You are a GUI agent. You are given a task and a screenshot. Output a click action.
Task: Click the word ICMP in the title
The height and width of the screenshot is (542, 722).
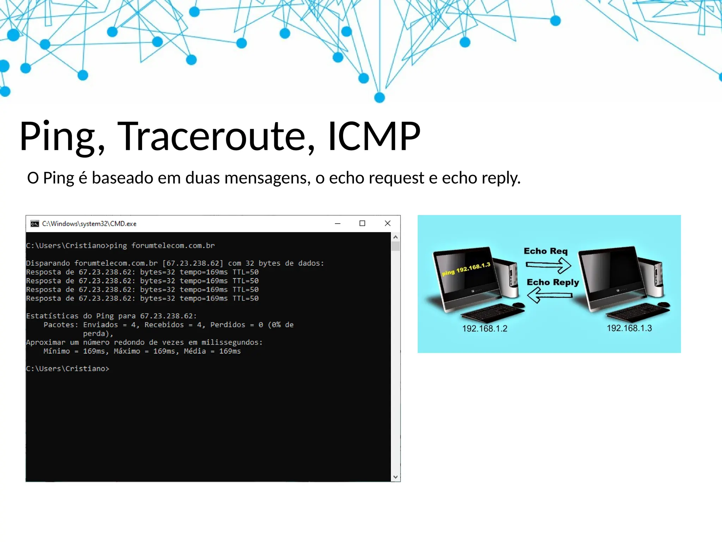coord(374,137)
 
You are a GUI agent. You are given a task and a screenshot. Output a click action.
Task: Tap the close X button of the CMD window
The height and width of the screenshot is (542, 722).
coord(387,223)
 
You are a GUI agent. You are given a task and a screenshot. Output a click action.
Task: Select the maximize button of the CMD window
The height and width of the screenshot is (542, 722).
coord(362,223)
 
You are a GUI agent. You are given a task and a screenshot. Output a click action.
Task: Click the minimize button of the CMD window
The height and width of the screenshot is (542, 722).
coord(337,223)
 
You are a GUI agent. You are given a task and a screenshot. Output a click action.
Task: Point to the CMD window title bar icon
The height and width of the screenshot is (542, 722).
coord(35,224)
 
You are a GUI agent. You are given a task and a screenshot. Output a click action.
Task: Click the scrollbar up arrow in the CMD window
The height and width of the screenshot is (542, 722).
coord(396,237)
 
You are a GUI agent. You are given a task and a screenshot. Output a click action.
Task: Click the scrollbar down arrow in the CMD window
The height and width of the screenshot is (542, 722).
coord(396,477)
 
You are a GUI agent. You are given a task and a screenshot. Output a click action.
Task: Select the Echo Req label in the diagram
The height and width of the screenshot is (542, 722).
coord(545,251)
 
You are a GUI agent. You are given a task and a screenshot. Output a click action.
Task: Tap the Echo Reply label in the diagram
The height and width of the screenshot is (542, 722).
coord(553,282)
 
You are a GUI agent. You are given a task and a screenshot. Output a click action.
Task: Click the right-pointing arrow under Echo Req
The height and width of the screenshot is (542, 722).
coord(549,265)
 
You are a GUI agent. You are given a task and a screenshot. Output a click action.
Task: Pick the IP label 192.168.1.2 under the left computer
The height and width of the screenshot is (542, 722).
coord(485,329)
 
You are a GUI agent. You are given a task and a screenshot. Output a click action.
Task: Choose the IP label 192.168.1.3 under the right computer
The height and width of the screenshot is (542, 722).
coord(629,328)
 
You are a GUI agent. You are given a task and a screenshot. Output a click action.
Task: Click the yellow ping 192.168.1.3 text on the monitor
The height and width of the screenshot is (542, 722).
coord(466,269)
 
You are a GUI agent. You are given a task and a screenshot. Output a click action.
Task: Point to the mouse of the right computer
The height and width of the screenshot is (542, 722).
coord(663,305)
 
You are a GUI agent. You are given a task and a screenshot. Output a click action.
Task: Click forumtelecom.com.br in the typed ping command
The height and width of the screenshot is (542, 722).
coord(173,246)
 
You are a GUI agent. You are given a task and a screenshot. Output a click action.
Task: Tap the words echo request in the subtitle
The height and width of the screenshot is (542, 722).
coord(377,178)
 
